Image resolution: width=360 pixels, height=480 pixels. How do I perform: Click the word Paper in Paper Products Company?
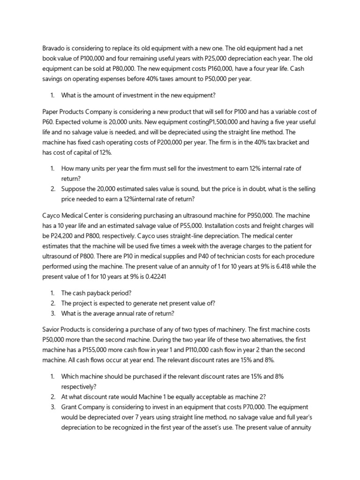[51, 112]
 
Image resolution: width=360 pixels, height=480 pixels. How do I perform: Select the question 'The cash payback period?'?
[97, 293]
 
